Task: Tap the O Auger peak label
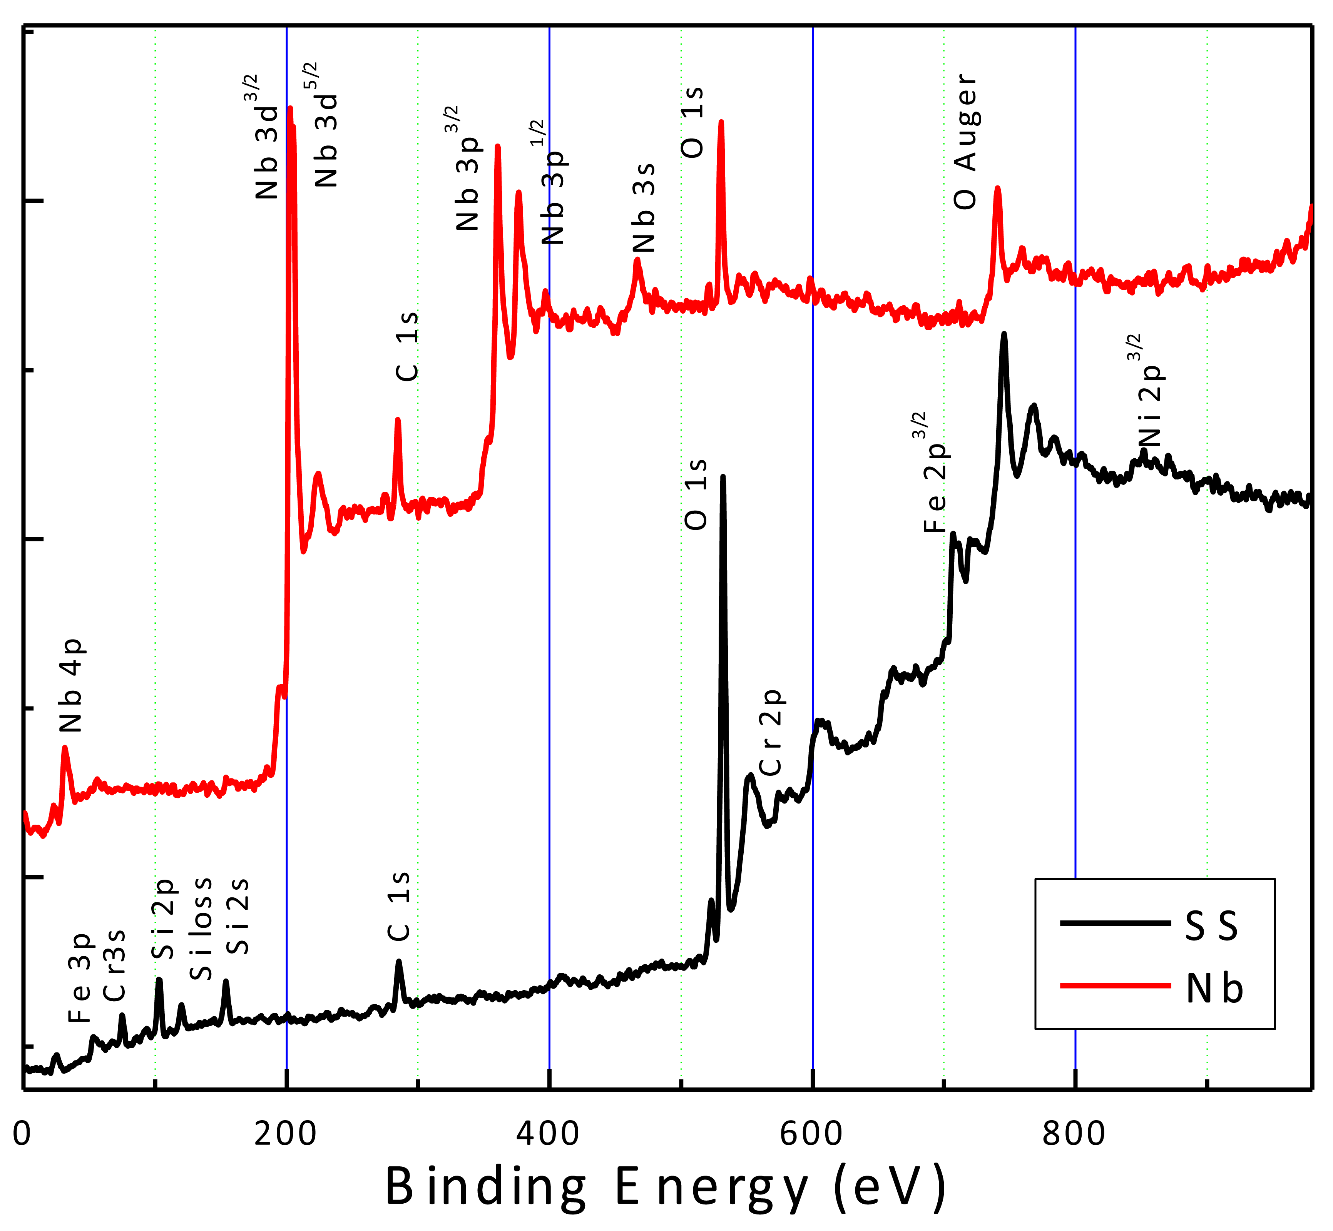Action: pyautogui.click(x=965, y=142)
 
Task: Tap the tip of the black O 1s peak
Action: pyautogui.click(x=723, y=477)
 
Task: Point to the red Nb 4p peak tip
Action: pyautogui.click(x=65, y=747)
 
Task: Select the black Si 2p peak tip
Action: pyautogui.click(x=159, y=979)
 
